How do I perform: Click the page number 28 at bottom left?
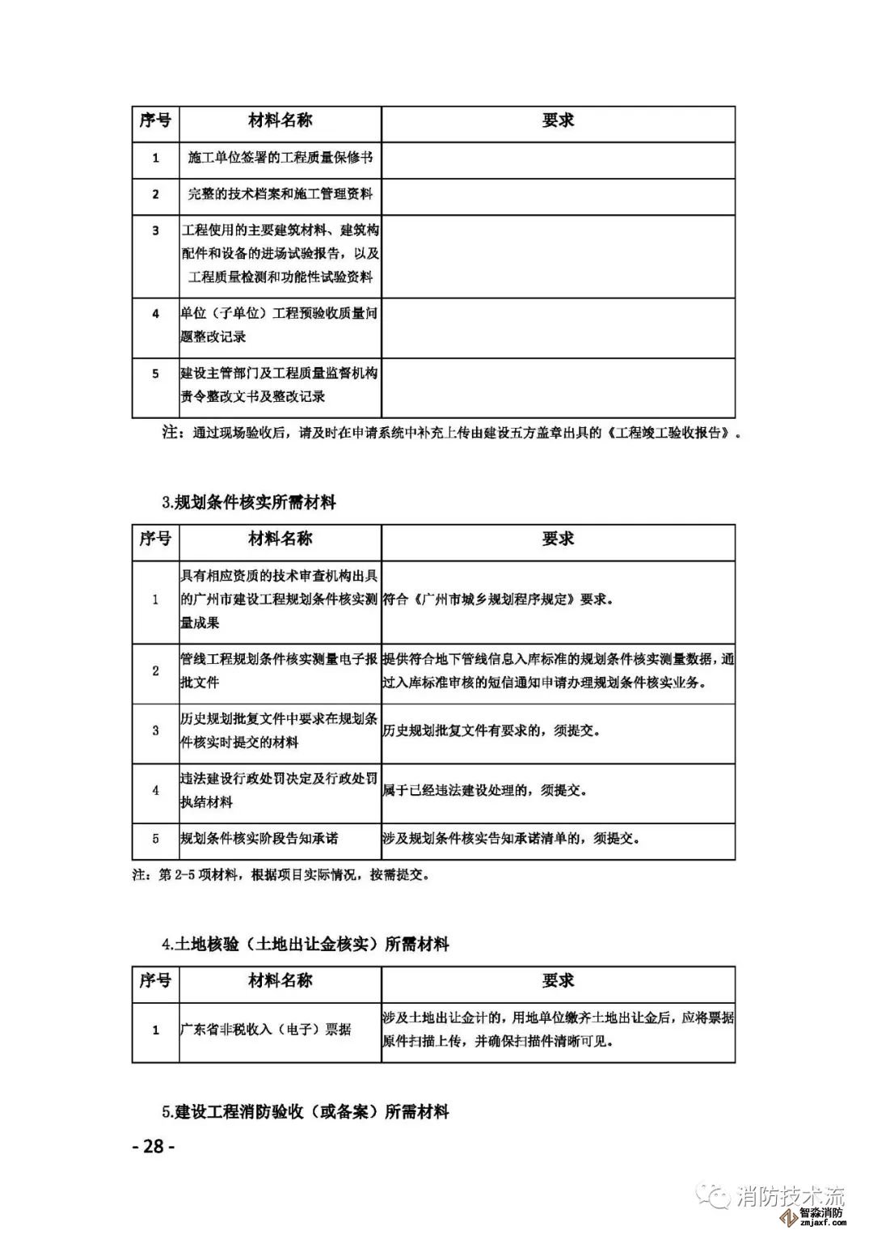click(x=153, y=1146)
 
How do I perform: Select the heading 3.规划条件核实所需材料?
click(x=249, y=502)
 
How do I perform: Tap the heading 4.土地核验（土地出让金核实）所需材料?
click(x=306, y=944)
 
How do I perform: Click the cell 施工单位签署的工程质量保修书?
click(x=280, y=157)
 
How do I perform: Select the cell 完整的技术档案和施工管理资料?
click(x=280, y=194)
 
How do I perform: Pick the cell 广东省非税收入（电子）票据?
click(x=265, y=1030)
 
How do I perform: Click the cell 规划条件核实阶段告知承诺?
click(x=259, y=839)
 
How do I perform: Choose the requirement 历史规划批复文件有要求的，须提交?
click(x=491, y=730)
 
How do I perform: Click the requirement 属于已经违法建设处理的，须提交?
click(x=485, y=790)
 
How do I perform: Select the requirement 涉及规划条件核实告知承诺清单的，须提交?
click(x=512, y=839)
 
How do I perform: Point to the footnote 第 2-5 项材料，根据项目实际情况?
click(x=280, y=874)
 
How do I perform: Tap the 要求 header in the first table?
click(x=558, y=121)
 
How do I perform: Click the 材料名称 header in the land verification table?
click(x=280, y=981)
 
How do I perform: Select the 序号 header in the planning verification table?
click(x=155, y=539)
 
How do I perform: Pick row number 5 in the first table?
click(x=156, y=374)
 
